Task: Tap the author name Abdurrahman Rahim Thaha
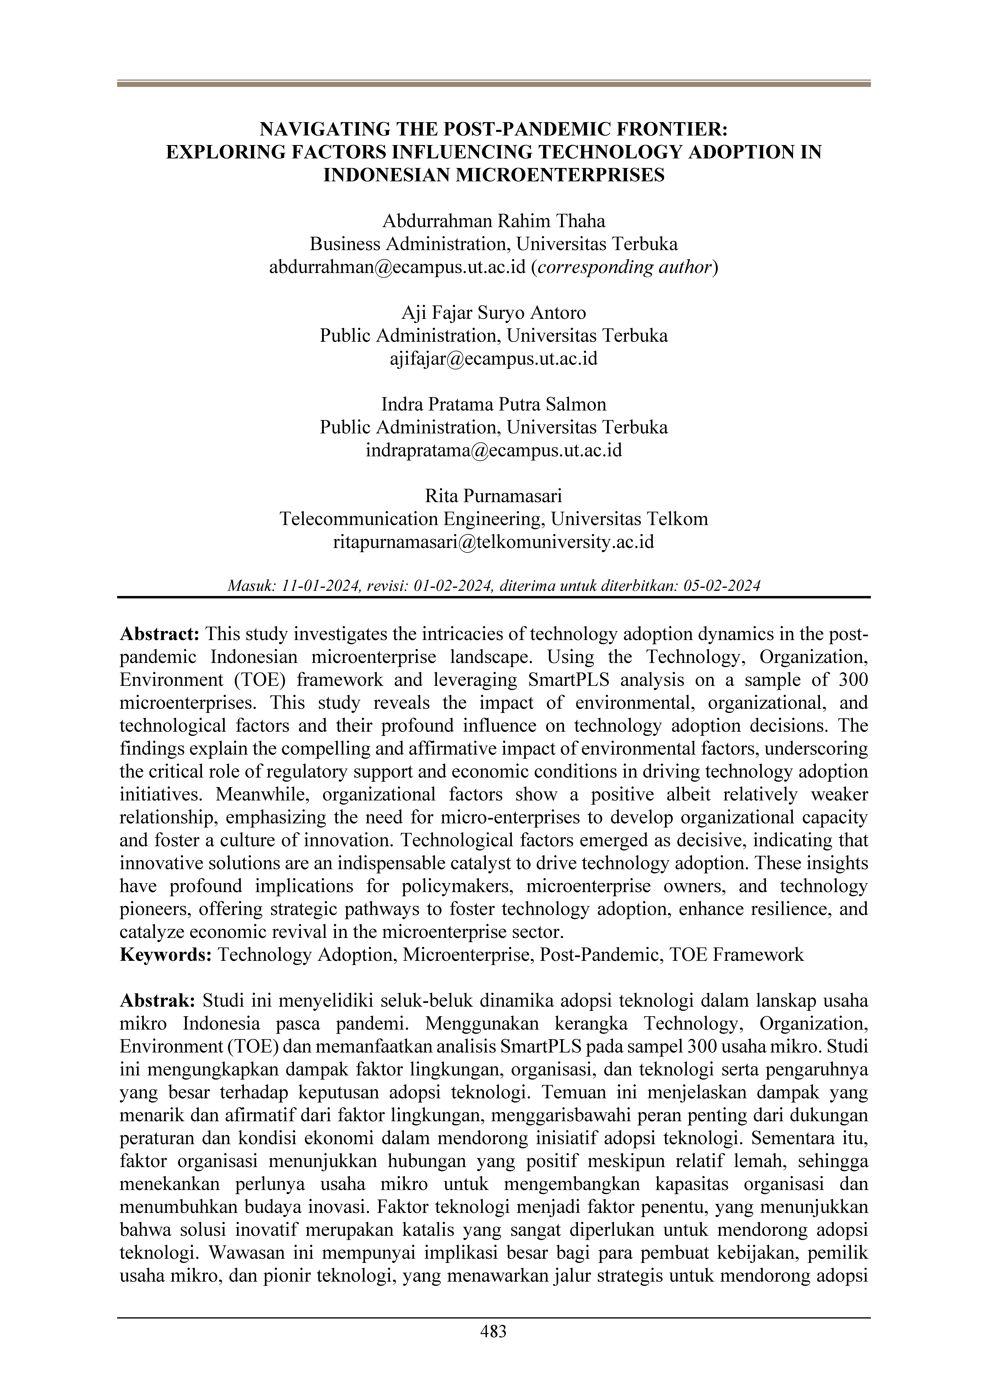point(494,221)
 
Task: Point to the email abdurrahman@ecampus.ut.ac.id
point(397,267)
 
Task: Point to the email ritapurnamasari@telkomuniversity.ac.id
point(494,542)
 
